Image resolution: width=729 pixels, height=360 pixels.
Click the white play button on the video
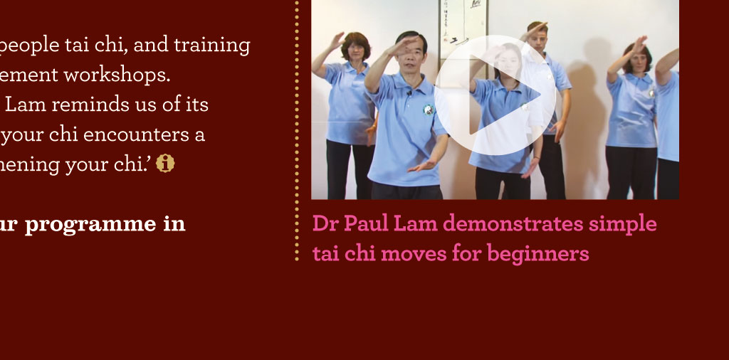495,95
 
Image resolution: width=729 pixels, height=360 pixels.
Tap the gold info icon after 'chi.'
165,164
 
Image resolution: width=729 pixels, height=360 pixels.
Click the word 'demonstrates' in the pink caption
513,224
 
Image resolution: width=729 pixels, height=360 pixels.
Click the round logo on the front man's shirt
428,110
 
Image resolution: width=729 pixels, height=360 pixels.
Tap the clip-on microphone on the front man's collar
409,93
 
